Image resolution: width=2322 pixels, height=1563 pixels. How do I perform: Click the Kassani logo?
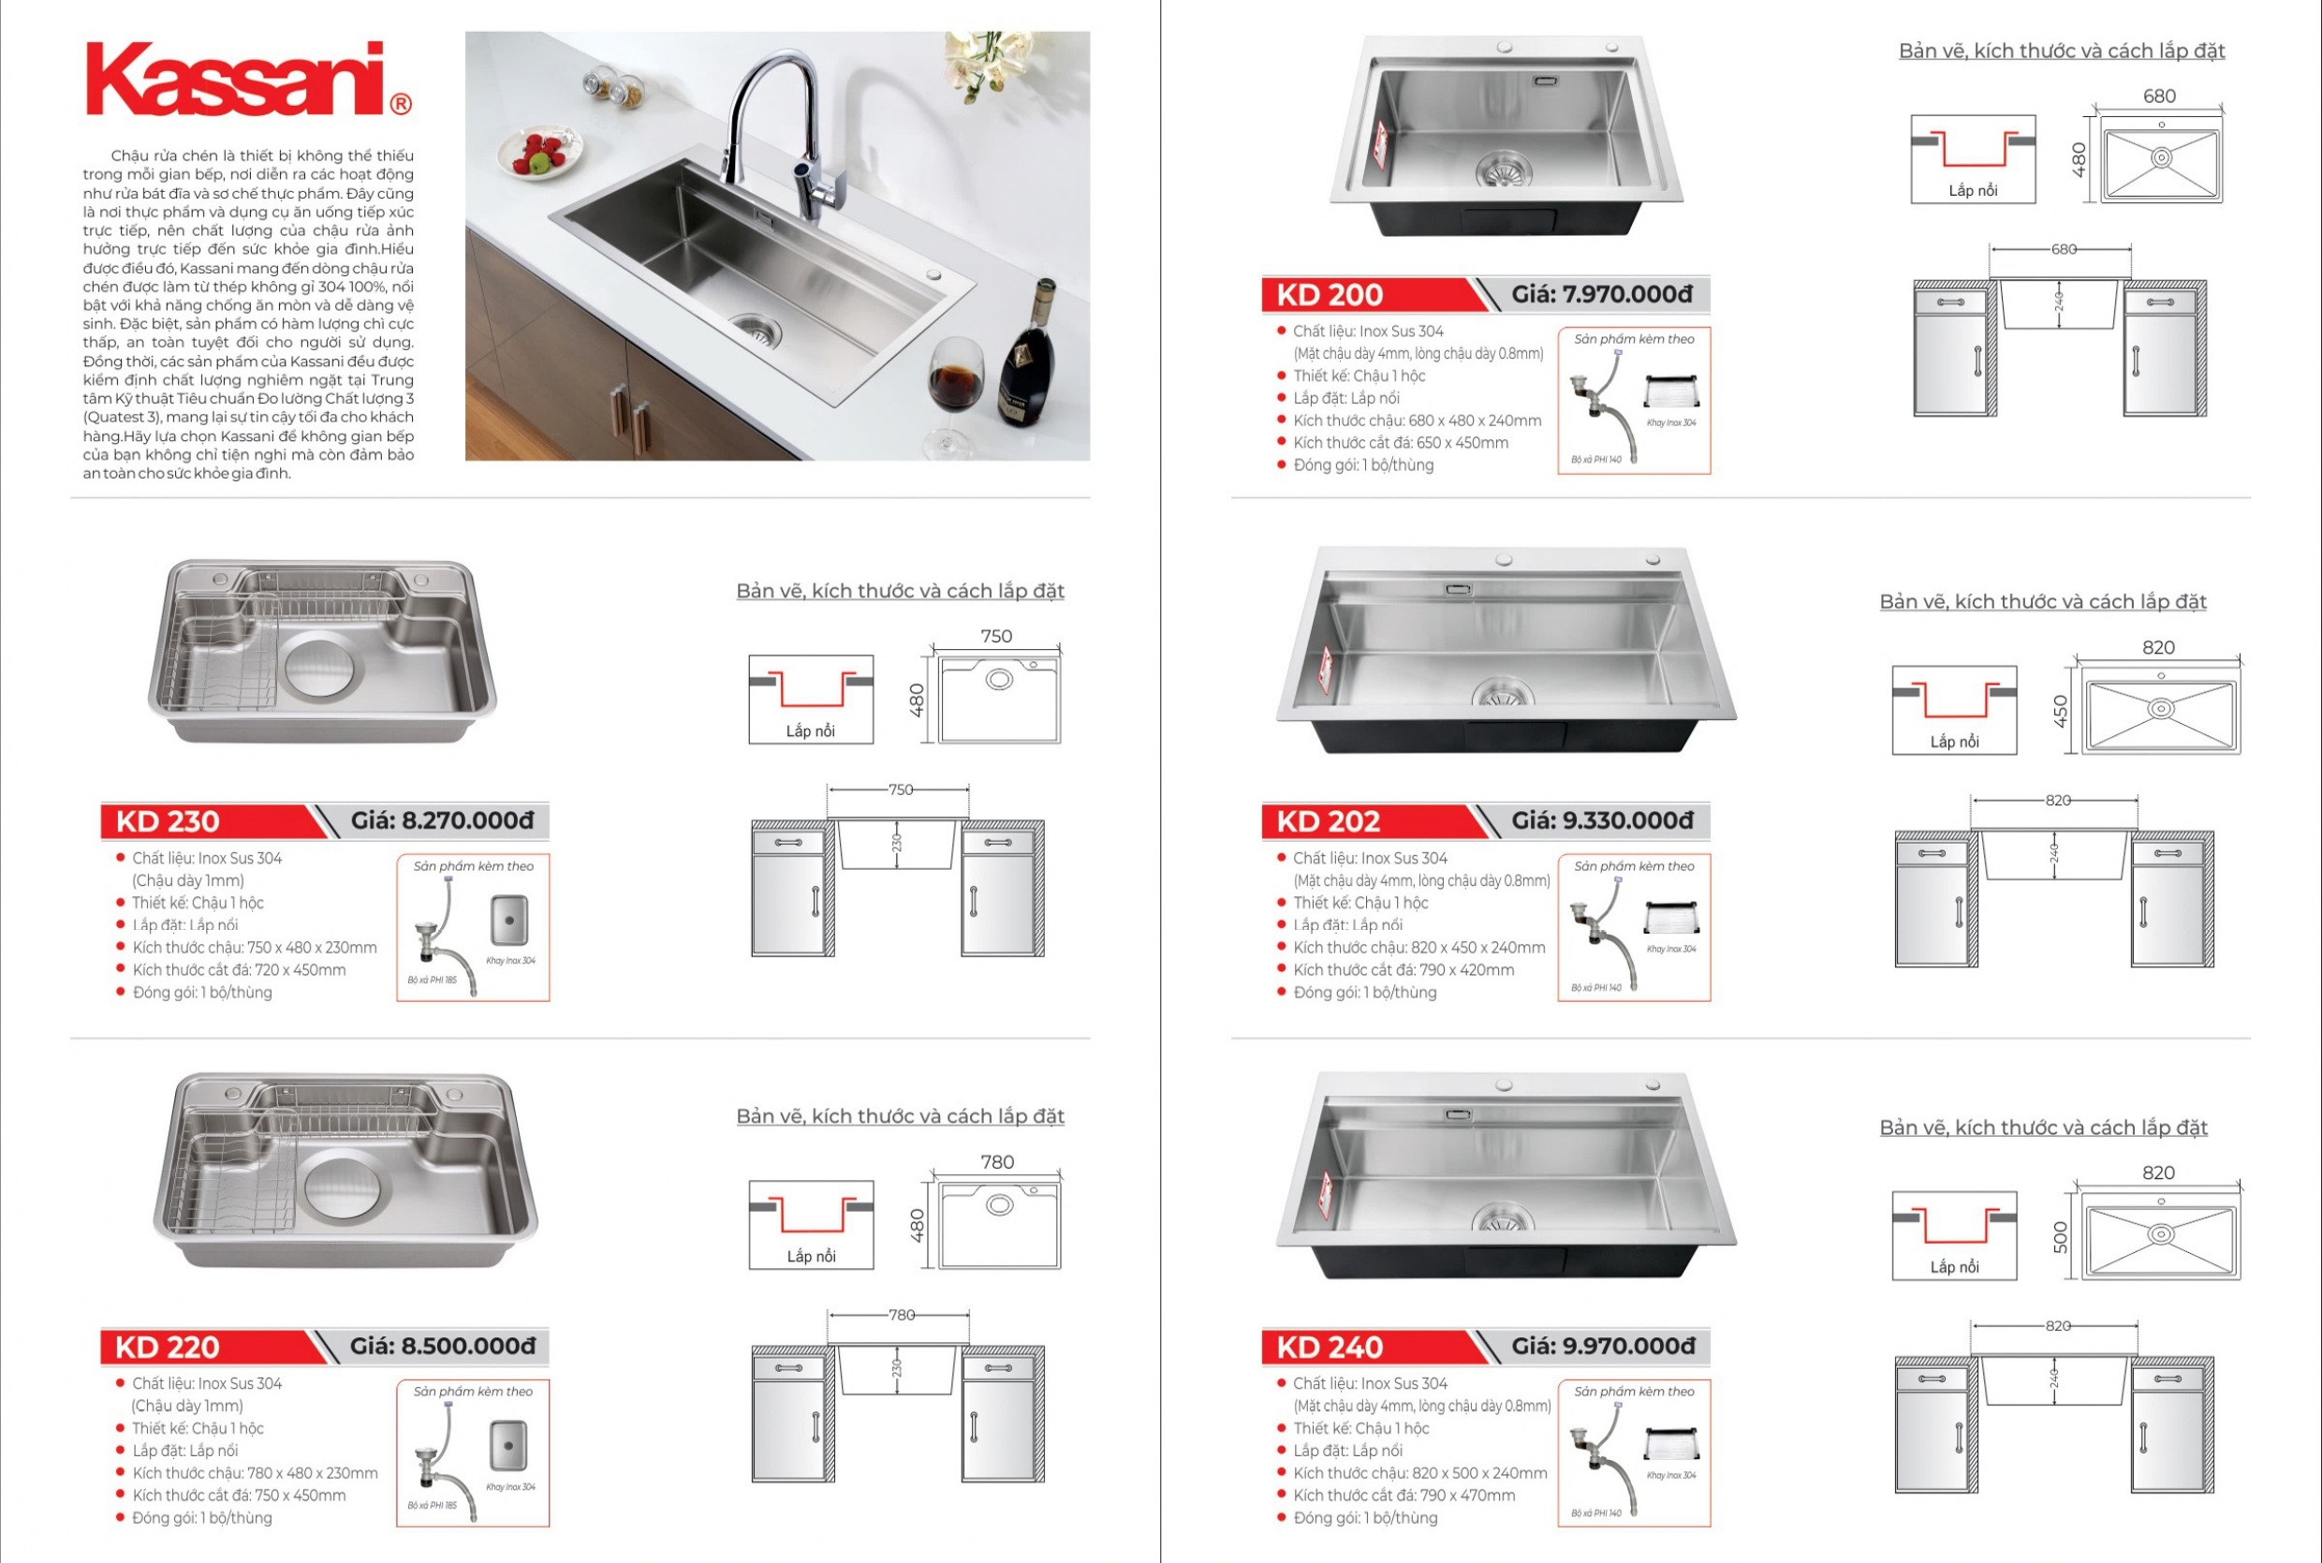[247, 80]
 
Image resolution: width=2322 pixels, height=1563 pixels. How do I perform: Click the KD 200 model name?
[1330, 295]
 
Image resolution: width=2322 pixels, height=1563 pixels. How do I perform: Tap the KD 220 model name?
[168, 1347]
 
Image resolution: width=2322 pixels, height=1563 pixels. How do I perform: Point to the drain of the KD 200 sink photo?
[1504, 169]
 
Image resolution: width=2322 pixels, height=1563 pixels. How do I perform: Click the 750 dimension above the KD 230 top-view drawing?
[995, 636]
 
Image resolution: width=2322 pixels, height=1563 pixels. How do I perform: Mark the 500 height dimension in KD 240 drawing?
[2061, 1236]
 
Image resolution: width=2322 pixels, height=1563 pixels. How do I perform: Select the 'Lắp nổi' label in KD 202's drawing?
[1954, 742]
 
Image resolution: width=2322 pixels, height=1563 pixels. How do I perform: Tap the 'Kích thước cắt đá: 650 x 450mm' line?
[1400, 443]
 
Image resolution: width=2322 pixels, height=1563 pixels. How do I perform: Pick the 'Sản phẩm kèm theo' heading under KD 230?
[474, 866]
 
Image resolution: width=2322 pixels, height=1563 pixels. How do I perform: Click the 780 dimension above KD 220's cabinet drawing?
[901, 1315]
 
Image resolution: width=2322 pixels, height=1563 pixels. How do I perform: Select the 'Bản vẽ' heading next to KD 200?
[2061, 51]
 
